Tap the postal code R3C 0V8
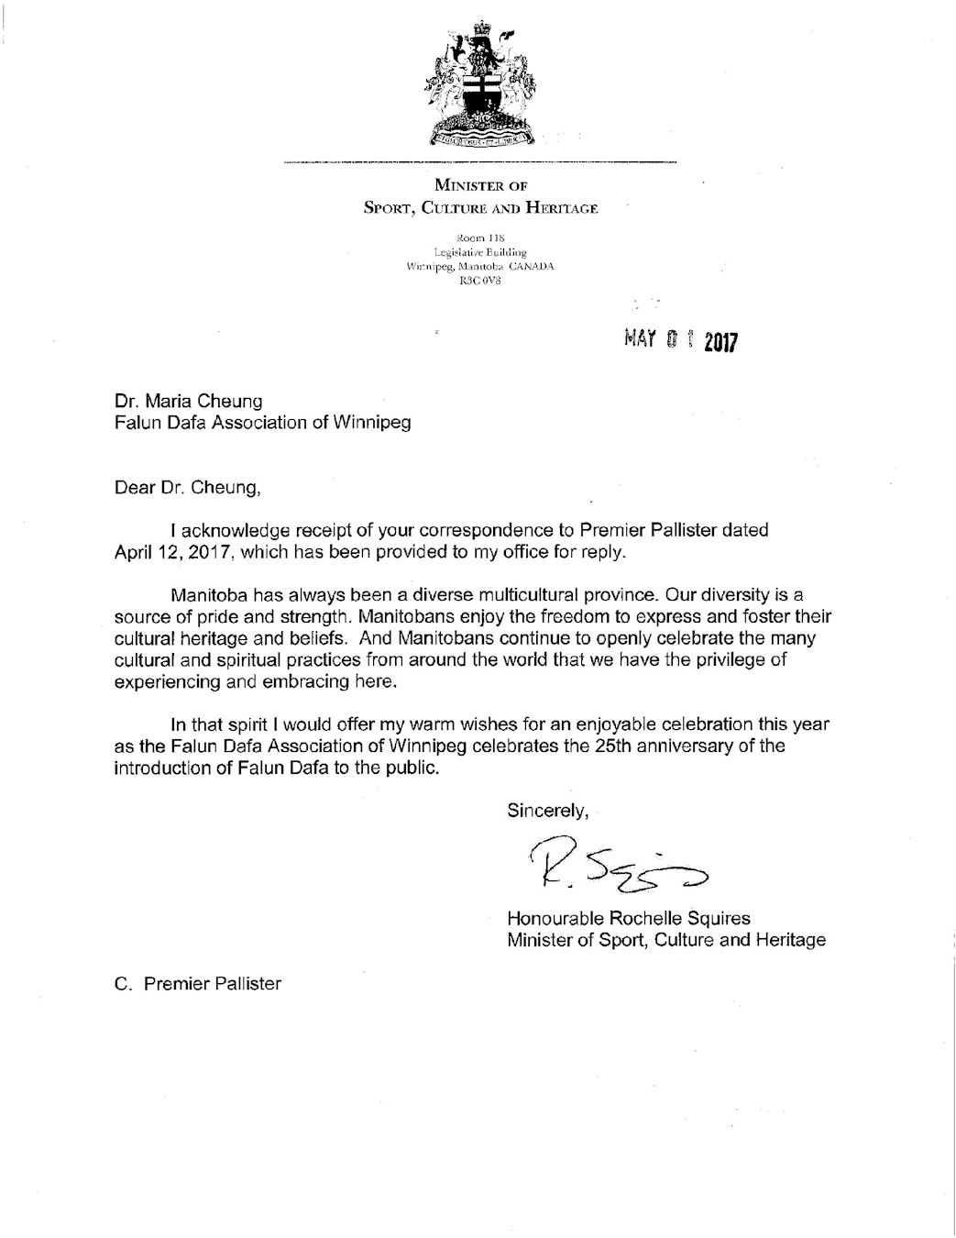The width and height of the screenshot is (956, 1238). (x=480, y=281)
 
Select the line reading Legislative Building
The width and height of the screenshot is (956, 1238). (x=480, y=251)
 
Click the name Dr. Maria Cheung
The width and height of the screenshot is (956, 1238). (x=188, y=401)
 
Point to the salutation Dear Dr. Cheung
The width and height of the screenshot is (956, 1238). (x=188, y=487)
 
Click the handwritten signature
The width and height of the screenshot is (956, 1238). (x=618, y=865)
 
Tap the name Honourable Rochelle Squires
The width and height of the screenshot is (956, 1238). (x=629, y=917)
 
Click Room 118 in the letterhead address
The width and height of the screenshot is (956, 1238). (x=480, y=238)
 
